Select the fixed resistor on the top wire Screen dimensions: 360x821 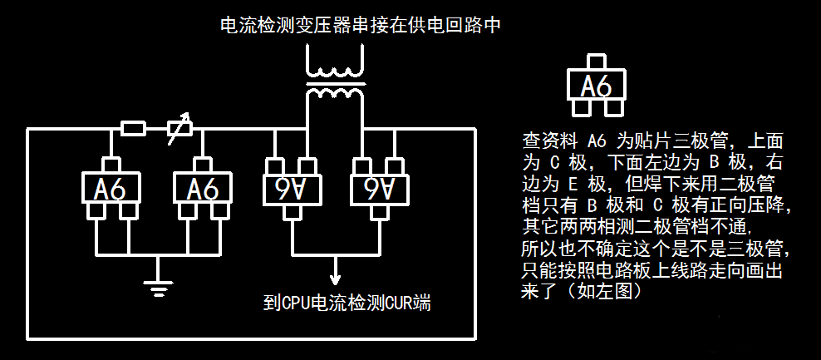134,128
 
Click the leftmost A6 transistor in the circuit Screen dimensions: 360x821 111,189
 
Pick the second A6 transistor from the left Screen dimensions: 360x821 202,189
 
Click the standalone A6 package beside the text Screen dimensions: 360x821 595,86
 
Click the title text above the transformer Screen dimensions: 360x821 360,26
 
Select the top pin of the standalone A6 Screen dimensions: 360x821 596,62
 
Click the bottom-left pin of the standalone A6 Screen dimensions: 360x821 581,109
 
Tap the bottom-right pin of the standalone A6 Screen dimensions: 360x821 611,109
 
